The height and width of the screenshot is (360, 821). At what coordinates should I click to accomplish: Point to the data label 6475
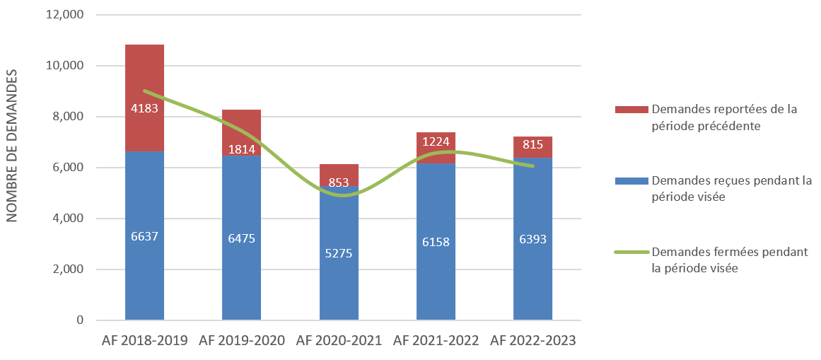point(242,238)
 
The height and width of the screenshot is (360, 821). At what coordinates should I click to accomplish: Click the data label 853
point(339,182)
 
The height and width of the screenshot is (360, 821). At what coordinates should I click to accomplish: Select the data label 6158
point(436,242)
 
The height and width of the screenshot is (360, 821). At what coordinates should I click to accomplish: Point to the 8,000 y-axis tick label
point(69,117)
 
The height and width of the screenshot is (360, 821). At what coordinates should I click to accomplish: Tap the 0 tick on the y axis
point(80,320)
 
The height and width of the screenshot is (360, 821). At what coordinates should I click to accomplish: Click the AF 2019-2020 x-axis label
point(242,341)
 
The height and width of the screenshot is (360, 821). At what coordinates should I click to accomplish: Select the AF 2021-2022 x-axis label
point(436,341)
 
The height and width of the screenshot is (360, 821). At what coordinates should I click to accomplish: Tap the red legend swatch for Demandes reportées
point(631,110)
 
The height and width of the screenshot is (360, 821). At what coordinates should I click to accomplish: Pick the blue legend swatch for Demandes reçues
point(631,180)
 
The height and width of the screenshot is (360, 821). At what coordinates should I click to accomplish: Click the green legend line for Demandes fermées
point(631,252)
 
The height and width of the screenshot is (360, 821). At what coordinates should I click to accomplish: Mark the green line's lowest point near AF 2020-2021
point(343,195)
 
